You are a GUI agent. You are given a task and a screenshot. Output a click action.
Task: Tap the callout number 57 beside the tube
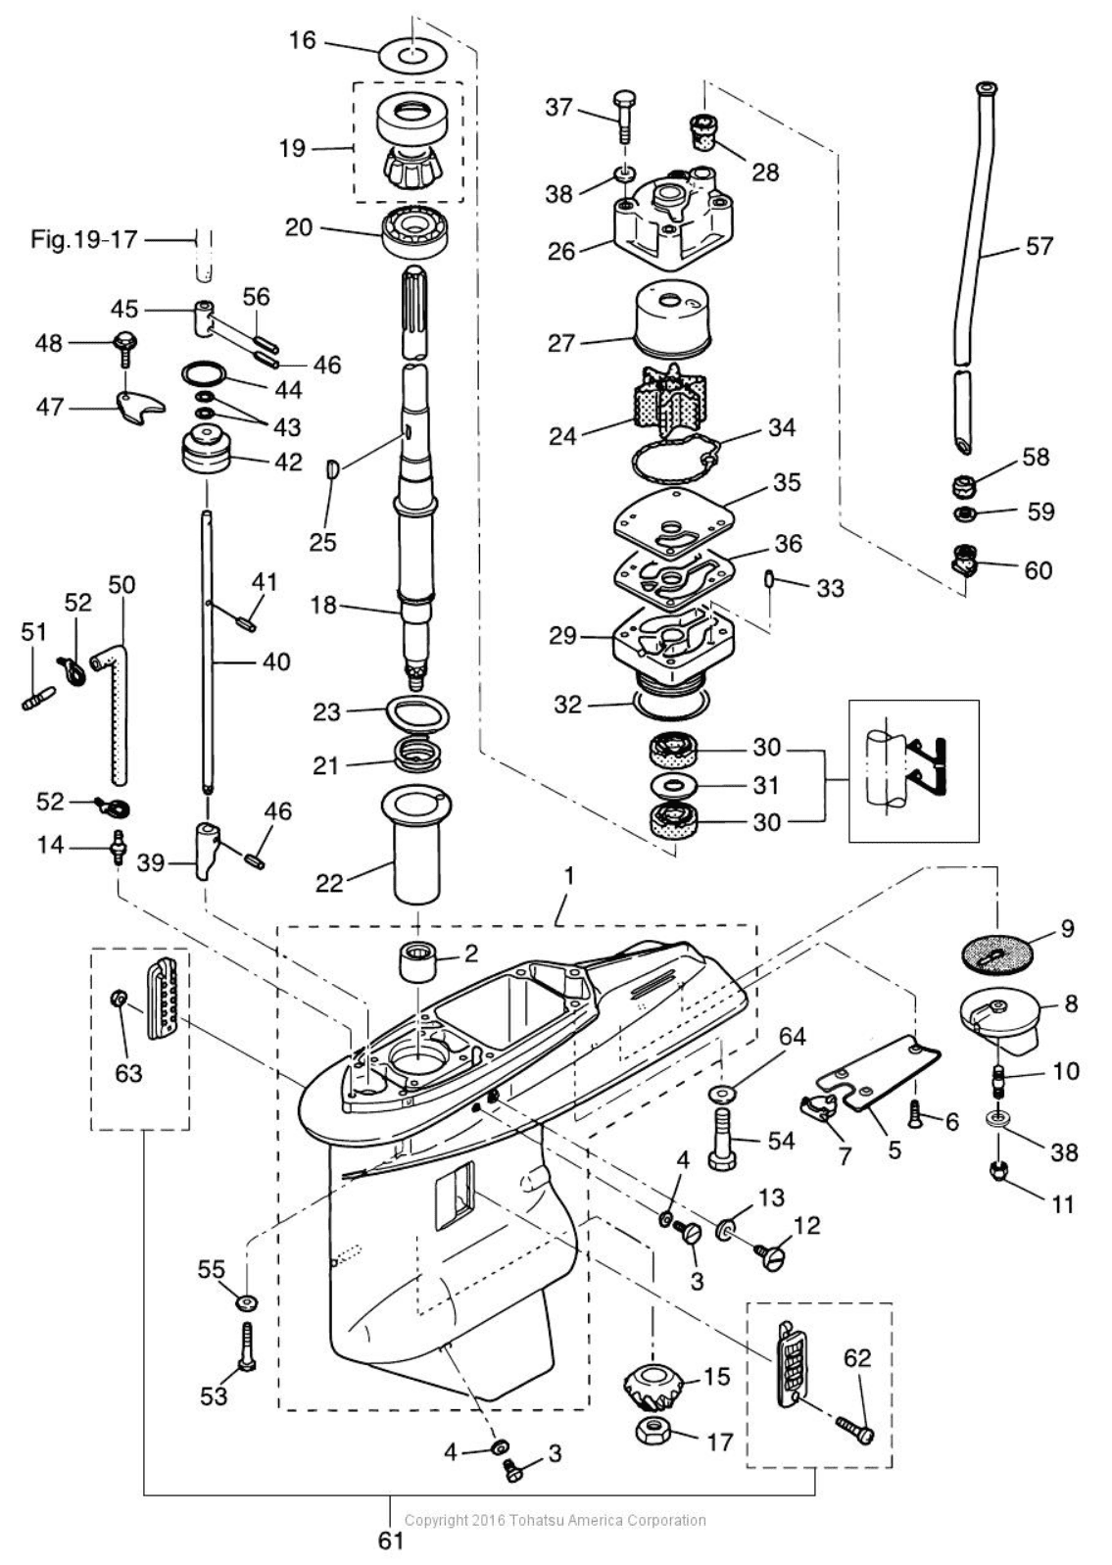tap(1039, 246)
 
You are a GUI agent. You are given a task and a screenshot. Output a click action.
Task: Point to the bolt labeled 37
tap(624, 116)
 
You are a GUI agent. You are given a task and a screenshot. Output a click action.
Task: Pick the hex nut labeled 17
tap(660, 1430)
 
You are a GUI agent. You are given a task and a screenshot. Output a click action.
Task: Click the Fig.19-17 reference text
tap(84, 240)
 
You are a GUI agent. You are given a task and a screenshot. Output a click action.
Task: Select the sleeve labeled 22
tap(417, 845)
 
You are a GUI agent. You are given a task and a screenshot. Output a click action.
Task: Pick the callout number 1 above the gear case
tap(569, 875)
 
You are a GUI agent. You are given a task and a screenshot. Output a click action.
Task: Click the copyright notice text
tap(556, 1520)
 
